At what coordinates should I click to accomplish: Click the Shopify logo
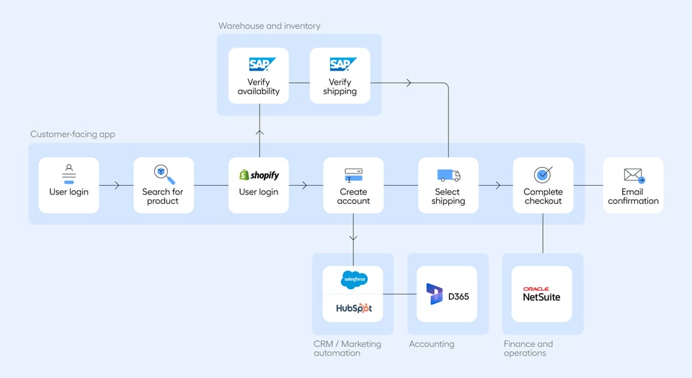coord(259,175)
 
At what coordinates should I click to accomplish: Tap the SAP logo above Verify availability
coord(259,64)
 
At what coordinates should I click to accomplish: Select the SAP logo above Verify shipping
coord(340,64)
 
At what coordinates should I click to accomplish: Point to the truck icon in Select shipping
coord(448,175)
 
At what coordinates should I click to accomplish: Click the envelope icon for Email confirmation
coord(634,175)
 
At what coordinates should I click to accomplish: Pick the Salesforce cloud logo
coord(353,279)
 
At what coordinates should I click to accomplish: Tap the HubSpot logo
coord(353,308)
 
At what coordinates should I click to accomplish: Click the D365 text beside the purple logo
coord(458,295)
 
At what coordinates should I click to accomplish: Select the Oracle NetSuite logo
coord(542,294)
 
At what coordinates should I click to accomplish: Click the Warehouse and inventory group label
coord(269,26)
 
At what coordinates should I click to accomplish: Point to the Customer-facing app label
coord(72,134)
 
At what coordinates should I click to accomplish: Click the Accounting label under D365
coord(432,344)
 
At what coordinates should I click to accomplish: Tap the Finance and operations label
coord(528,348)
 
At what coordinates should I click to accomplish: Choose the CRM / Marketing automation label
coord(347,348)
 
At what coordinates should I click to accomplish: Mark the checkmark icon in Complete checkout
coord(543,174)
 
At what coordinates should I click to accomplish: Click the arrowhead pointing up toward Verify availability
coord(259,132)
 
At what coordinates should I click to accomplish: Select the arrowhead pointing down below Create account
coord(353,237)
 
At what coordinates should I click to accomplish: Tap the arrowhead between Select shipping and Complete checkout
coord(498,185)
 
